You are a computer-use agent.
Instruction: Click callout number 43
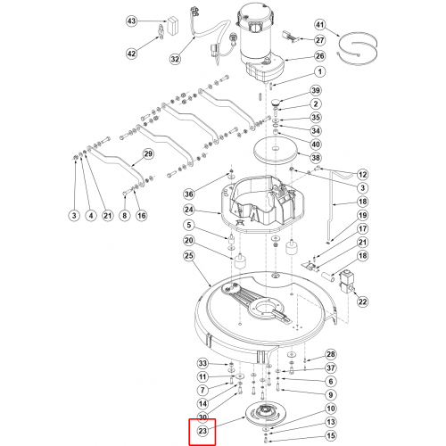click(x=131, y=21)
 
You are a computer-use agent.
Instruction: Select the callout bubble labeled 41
click(x=320, y=25)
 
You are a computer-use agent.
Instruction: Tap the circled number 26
click(x=320, y=56)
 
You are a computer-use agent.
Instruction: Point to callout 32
click(x=175, y=59)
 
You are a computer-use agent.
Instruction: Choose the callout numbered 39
click(x=316, y=90)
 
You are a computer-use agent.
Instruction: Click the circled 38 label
click(x=316, y=158)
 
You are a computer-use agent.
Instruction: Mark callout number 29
click(x=148, y=154)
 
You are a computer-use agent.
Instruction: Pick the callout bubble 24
click(x=189, y=210)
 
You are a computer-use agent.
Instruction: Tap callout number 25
click(x=189, y=256)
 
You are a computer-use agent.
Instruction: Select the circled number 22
click(x=362, y=301)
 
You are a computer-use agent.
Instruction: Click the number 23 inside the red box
click(x=202, y=431)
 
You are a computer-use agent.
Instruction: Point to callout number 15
click(x=331, y=436)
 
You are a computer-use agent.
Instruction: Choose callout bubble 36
click(x=189, y=194)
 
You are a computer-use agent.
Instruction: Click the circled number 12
click(x=362, y=174)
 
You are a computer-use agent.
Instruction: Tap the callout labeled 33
click(x=202, y=363)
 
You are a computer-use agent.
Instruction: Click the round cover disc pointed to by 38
click(x=276, y=151)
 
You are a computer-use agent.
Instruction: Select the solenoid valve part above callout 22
click(x=346, y=282)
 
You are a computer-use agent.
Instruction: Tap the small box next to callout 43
click(x=172, y=26)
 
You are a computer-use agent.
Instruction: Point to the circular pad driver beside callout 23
click(x=263, y=414)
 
